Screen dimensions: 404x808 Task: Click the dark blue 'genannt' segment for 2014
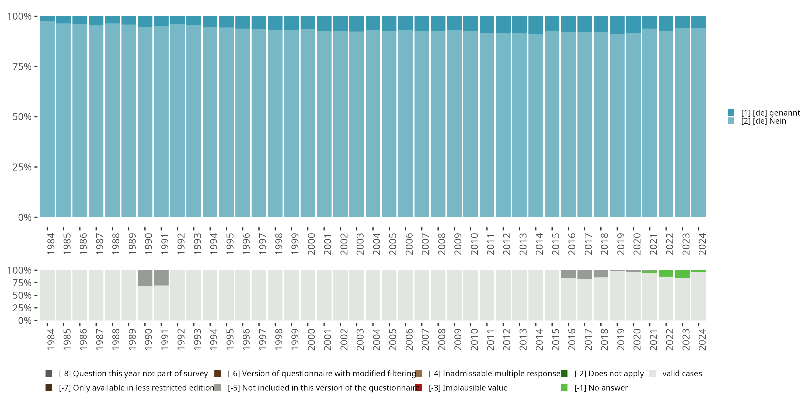536,25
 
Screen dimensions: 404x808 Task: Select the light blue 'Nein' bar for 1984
47,119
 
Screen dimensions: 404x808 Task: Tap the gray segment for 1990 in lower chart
145,278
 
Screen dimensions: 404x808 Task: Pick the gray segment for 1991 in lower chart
161,278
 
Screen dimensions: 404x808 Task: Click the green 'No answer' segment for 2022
666,273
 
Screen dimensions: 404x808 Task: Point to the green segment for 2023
682,274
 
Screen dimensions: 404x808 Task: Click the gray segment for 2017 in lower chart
585,274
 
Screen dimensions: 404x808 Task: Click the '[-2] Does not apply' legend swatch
564,374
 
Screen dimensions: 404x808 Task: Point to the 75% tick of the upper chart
22,67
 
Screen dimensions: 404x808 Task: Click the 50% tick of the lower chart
22,295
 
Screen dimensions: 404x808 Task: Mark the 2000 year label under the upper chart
311,244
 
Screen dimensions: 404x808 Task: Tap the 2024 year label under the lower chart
702,339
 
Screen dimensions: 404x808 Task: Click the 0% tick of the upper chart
25,217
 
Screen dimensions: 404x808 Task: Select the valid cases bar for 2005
389,295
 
